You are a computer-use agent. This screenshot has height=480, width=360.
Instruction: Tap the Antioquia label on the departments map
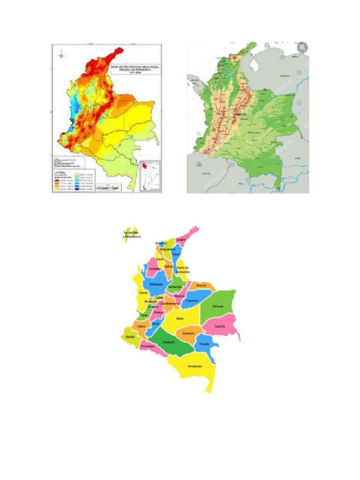156,285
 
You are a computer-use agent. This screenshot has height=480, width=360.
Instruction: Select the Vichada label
217,307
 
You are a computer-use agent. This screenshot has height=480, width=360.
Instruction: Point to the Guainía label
220,326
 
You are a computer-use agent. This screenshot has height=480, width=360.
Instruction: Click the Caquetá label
169,342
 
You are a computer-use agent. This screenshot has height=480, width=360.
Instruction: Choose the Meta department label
180,319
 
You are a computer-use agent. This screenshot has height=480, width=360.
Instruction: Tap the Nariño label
130,337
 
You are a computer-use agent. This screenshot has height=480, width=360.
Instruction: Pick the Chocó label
143,293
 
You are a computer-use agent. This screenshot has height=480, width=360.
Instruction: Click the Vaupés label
204,344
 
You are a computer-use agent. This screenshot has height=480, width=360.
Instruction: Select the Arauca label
202,285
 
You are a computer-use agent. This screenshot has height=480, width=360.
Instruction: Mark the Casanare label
192,300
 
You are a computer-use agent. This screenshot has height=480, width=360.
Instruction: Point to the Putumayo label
148,346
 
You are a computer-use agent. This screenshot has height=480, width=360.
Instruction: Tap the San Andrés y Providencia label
132,234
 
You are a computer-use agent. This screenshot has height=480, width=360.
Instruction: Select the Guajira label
181,240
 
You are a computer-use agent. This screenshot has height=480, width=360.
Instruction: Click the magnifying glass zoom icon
302,47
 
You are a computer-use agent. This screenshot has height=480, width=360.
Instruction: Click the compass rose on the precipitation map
61,56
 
